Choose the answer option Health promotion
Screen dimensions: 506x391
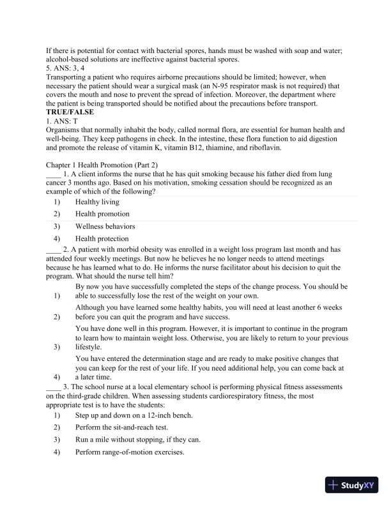tap(102, 214)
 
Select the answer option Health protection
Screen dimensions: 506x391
tap(102, 239)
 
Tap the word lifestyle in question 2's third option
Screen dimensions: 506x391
tap(88, 347)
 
